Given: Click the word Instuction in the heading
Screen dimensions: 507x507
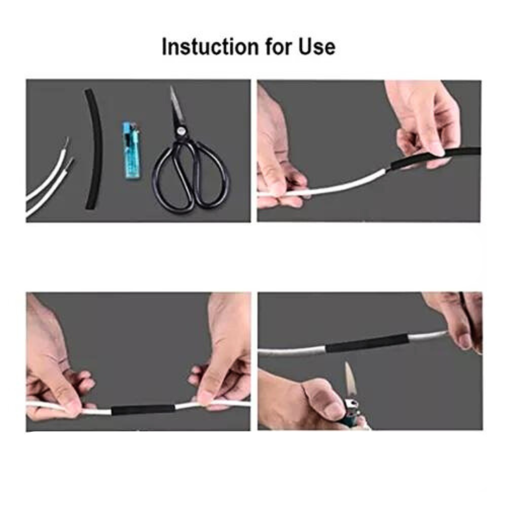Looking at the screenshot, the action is click(x=210, y=46).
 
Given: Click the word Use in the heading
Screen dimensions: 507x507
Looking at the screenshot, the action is click(x=317, y=46).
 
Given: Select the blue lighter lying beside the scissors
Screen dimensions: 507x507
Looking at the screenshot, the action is click(x=131, y=150).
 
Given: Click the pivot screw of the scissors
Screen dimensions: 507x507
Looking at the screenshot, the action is click(x=180, y=131).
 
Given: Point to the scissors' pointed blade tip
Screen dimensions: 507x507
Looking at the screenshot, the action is click(x=171, y=87).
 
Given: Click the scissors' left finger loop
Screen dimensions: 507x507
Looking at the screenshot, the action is click(x=174, y=181).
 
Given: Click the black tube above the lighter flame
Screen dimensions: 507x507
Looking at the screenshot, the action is click(x=367, y=343).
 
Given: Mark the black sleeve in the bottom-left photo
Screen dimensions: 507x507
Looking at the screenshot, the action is click(x=143, y=410).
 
